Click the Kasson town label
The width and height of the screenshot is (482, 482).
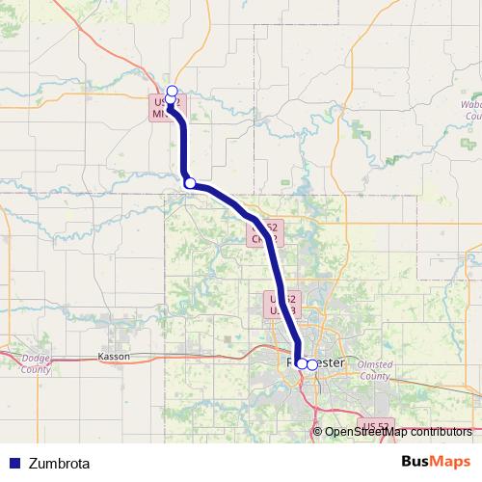coord(114,356)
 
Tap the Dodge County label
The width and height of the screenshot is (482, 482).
coord(35,364)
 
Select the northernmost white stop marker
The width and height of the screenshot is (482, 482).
coord(172,91)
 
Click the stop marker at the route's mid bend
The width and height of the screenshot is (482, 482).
coord(190,183)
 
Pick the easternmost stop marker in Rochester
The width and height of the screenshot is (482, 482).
coord(311,364)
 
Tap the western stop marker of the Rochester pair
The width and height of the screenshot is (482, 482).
coord(302,363)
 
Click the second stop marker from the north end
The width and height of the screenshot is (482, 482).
coord(171,99)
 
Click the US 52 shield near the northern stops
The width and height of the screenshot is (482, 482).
coord(165,106)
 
